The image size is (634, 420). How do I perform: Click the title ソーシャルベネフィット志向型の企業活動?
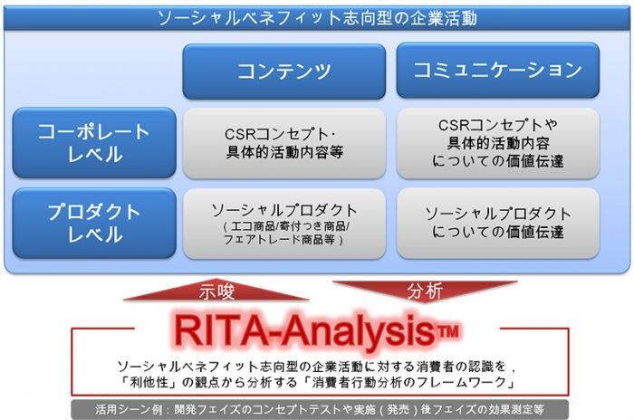(x=316, y=18)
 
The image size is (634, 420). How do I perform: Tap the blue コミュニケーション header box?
(x=497, y=71)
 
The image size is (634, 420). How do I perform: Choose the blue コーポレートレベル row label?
(x=94, y=143)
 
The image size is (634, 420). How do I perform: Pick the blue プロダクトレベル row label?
(x=94, y=223)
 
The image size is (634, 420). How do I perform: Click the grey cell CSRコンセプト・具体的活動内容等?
(x=283, y=143)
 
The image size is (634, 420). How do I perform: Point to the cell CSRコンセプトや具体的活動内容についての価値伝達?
(x=497, y=143)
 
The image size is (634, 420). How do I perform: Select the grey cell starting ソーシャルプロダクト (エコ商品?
(x=283, y=223)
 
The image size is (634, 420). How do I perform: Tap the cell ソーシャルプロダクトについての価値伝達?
(x=497, y=223)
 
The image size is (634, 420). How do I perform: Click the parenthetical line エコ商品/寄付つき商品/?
(x=285, y=228)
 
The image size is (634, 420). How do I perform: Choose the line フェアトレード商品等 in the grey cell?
(x=284, y=242)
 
